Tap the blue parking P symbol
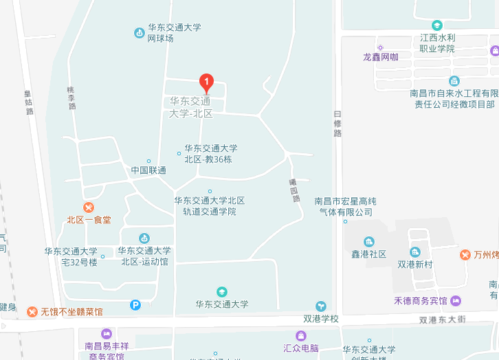pos(135,304)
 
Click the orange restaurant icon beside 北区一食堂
pos(88,207)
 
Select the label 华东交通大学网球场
pos(174,33)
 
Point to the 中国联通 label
pos(148,170)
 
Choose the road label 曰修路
pos(337,124)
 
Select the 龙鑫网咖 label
pos(380,57)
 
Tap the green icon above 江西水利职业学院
pos(437,25)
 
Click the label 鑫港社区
pos(369,254)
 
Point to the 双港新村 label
pos(414,264)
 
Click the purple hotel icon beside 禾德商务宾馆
pos(456,301)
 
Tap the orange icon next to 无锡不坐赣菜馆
pos(32,312)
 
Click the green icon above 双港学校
pos(320,306)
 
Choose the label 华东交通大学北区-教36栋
pos(210,153)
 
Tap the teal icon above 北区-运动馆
pos(144,238)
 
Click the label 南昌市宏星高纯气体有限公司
pos(345,207)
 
